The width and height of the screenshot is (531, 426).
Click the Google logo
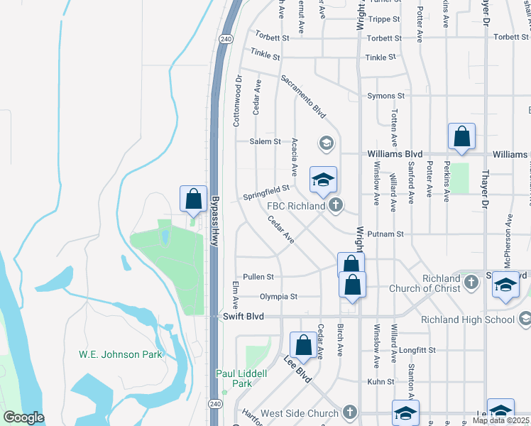point(23,417)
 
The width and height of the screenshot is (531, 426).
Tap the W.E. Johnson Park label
point(120,354)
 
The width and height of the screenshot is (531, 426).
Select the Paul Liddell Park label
point(242,378)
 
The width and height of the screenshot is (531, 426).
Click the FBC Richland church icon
point(336,206)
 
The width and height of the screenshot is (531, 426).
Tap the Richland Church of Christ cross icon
point(470,283)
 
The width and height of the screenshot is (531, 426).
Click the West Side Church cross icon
point(349,413)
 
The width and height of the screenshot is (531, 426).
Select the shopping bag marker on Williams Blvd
point(461,136)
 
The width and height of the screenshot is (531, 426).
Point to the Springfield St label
point(266,192)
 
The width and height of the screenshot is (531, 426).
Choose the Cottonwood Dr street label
point(238,102)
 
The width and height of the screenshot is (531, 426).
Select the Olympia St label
point(278,296)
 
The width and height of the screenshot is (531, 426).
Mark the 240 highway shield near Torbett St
point(226,38)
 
